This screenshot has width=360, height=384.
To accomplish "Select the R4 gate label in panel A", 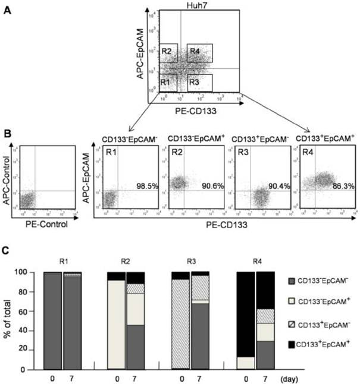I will (194, 52).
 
